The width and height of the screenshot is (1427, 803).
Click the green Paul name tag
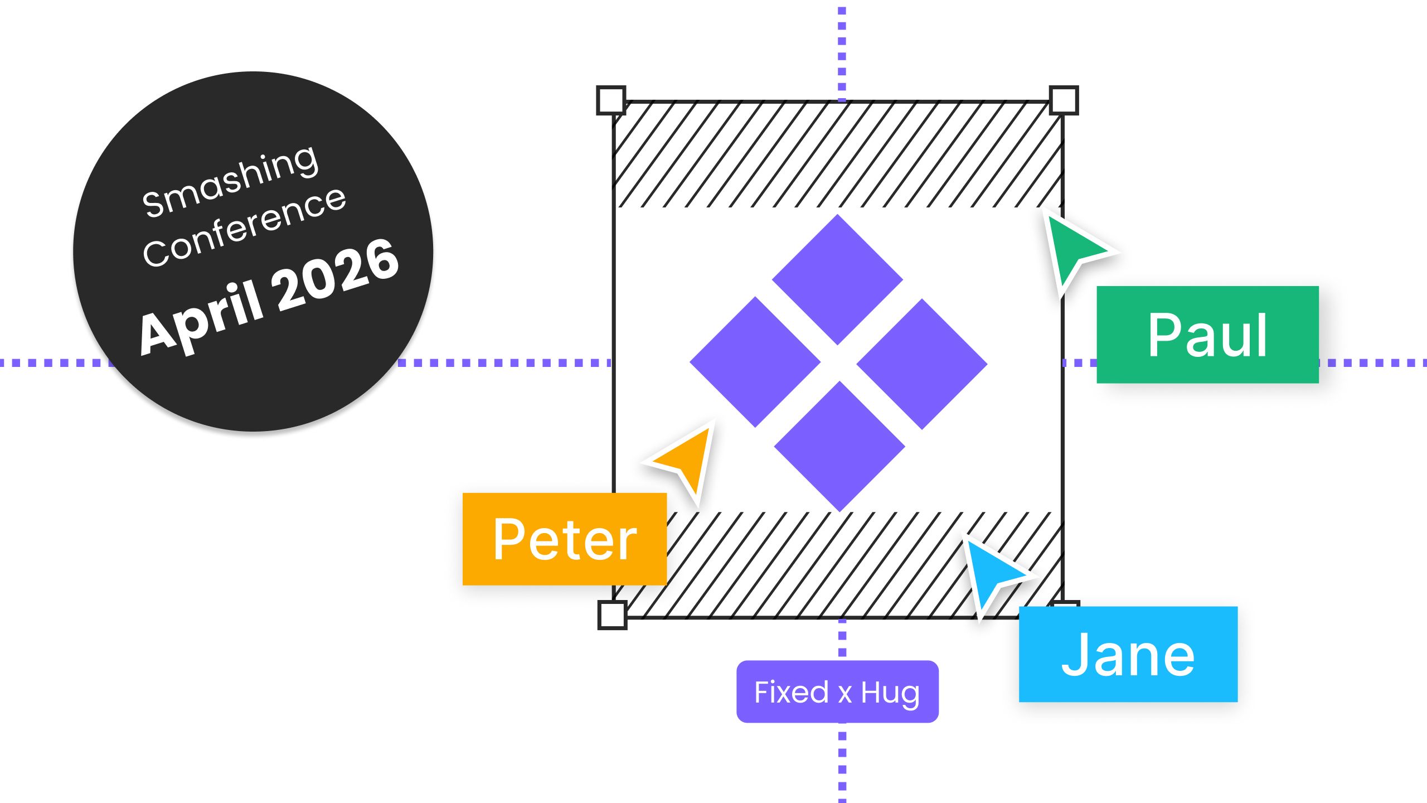pyautogui.click(x=1207, y=334)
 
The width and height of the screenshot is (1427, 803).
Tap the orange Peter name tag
pyautogui.click(x=564, y=539)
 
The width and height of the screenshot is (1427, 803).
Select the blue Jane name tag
pyautogui.click(x=1128, y=654)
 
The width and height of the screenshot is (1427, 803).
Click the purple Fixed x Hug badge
pyautogui.click(x=837, y=691)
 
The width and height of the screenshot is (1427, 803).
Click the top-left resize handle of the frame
pyautogui.click(x=611, y=100)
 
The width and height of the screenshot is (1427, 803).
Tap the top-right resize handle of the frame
pyautogui.click(x=1064, y=100)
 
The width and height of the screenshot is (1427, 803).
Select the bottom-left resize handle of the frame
pyautogui.click(x=612, y=615)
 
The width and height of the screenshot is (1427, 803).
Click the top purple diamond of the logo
pyautogui.click(x=837, y=279)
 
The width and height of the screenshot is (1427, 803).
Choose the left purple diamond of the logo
pyautogui.click(x=755, y=362)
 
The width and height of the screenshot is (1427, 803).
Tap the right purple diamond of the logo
pyautogui.click(x=922, y=364)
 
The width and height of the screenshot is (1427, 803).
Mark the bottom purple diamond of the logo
pyautogui.click(x=839, y=446)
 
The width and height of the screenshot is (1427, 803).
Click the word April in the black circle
pyautogui.click(x=201, y=318)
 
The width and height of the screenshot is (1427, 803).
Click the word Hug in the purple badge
pyautogui.click(x=890, y=693)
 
